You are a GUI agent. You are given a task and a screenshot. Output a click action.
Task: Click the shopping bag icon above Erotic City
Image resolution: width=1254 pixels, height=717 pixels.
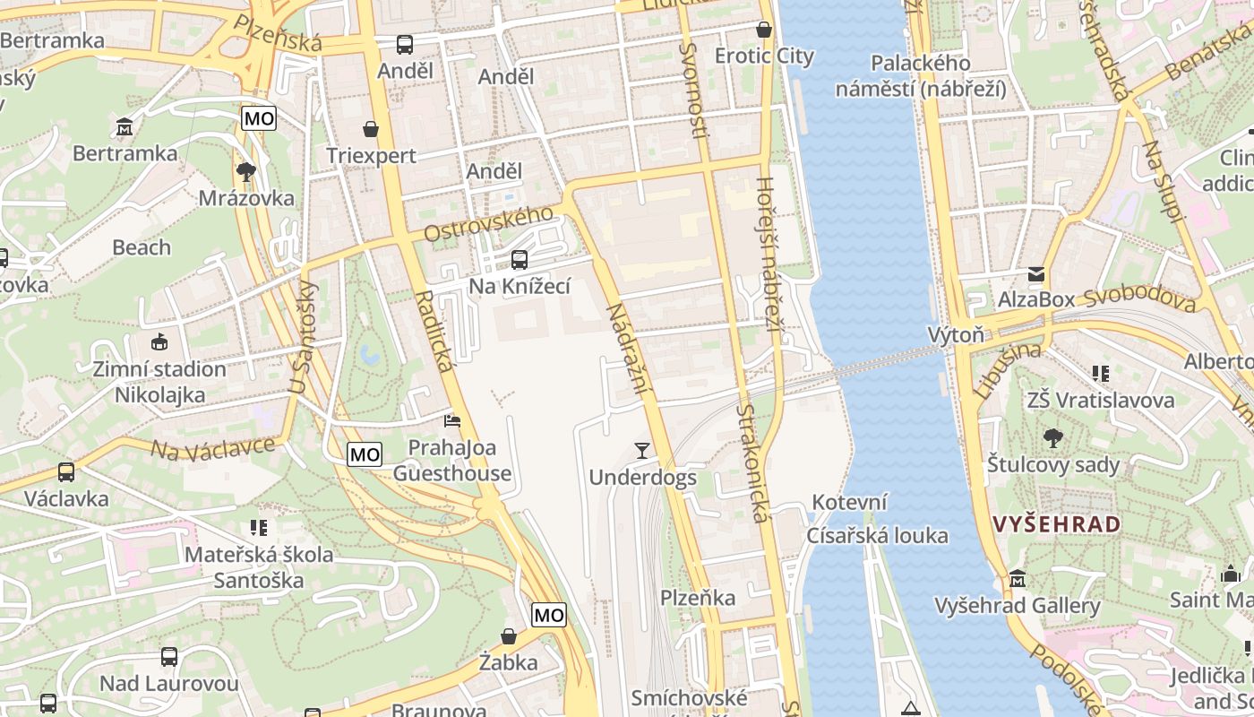(764, 30)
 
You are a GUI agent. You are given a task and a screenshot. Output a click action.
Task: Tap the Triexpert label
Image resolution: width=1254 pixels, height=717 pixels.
(371, 156)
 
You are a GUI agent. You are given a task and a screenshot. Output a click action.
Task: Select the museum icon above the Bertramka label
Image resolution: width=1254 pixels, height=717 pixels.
(125, 127)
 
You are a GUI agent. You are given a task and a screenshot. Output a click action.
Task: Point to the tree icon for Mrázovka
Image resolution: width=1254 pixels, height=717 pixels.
(246, 171)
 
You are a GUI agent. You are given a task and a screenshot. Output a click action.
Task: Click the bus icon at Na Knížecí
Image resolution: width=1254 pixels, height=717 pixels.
(519, 260)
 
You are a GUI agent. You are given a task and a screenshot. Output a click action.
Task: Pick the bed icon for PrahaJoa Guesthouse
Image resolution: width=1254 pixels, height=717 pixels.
(453, 420)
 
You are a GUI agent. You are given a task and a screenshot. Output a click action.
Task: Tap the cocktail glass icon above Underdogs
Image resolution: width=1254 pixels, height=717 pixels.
(641, 450)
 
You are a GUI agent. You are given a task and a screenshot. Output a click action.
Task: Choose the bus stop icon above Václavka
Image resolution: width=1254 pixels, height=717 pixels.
(66, 471)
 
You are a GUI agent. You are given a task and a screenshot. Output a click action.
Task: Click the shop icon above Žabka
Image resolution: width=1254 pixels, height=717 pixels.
(508, 636)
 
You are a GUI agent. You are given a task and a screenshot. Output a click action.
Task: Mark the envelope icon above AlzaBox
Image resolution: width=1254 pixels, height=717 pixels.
(1035, 273)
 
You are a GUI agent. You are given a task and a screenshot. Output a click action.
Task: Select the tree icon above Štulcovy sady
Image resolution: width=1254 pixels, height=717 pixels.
(1053, 438)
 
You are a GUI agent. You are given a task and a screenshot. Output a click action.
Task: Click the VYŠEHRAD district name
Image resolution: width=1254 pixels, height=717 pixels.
(1057, 524)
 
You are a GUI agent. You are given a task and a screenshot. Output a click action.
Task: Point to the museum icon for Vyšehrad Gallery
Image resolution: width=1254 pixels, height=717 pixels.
(1017, 579)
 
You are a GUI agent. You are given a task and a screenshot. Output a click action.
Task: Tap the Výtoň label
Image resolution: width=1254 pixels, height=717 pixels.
(955, 335)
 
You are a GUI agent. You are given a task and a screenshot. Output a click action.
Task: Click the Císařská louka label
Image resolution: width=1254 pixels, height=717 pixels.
(877, 536)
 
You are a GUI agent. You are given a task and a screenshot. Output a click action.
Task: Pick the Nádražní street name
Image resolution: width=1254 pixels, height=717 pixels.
(627, 350)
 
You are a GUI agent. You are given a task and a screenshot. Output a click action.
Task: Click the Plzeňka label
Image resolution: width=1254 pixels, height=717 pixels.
(698, 598)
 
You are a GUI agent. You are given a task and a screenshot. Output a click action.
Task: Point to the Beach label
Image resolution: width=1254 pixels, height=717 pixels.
(142, 247)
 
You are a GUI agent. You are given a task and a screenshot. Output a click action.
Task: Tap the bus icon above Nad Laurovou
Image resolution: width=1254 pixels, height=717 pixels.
(169, 657)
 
